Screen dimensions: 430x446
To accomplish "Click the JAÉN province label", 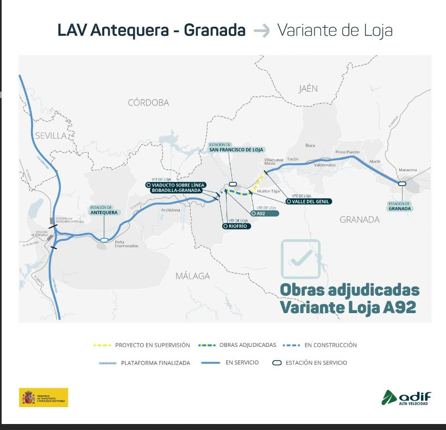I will (x=308, y=88).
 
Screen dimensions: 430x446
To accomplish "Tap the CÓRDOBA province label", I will (x=148, y=102).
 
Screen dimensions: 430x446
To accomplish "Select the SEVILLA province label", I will (x=50, y=135).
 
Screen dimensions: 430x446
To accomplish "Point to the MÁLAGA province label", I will (x=192, y=276).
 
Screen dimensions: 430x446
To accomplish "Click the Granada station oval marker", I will (x=402, y=184).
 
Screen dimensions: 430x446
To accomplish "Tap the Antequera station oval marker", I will (x=103, y=239).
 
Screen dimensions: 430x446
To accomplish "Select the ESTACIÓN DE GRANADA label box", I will (x=400, y=206).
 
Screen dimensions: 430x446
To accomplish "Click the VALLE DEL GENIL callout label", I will (x=308, y=201).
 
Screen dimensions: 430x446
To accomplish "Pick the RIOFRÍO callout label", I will (x=237, y=225).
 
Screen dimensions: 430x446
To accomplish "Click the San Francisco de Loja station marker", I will (x=233, y=184).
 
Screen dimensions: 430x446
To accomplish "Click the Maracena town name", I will (x=407, y=170).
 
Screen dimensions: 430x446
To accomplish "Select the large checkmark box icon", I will (x=300, y=259).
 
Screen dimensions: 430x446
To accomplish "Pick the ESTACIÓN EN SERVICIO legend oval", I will (x=277, y=363).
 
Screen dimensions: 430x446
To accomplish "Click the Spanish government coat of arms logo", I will (x=28, y=397).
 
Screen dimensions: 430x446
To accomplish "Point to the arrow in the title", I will (x=262, y=31).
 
